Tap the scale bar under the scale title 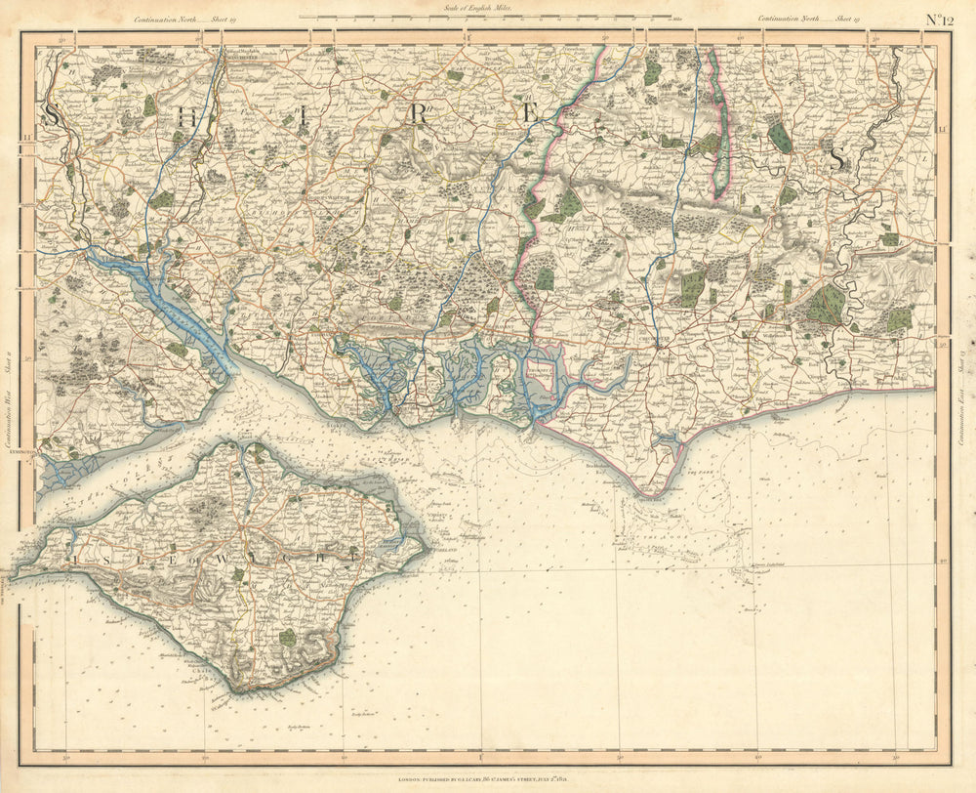(485, 17)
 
